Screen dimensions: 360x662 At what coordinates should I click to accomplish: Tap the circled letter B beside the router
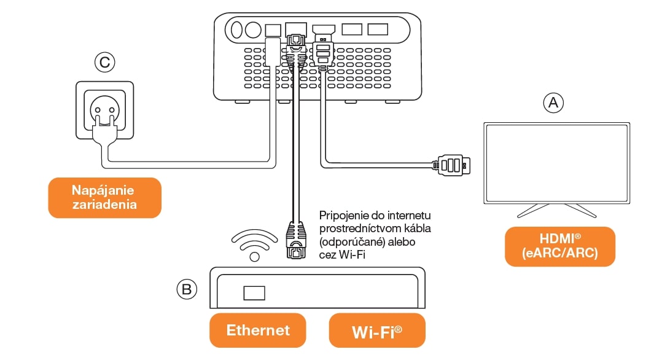pyautogui.click(x=185, y=289)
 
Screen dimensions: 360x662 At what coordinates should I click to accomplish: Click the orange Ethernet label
pyautogui.click(x=258, y=330)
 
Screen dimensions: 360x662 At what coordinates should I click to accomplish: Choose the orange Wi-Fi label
pyautogui.click(x=377, y=331)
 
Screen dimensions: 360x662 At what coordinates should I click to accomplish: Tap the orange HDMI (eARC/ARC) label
pyautogui.click(x=559, y=246)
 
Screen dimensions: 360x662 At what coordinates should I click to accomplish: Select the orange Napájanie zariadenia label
pyautogui.click(x=103, y=197)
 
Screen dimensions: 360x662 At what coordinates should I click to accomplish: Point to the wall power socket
pyautogui.click(x=103, y=111)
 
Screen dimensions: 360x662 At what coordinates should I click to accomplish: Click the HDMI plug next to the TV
pyautogui.click(x=453, y=165)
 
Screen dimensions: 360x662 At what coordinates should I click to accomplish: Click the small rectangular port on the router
pyautogui.click(x=254, y=292)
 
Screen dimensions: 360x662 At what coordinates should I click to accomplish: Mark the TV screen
pyautogui.click(x=557, y=163)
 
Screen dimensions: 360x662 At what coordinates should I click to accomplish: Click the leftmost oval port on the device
pyautogui.click(x=236, y=29)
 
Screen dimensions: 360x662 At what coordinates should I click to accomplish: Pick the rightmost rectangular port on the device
pyautogui.click(x=377, y=29)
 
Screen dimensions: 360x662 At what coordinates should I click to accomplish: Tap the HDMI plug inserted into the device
pyautogui.click(x=323, y=49)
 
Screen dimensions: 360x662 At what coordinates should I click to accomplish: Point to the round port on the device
pyautogui.click(x=253, y=29)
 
